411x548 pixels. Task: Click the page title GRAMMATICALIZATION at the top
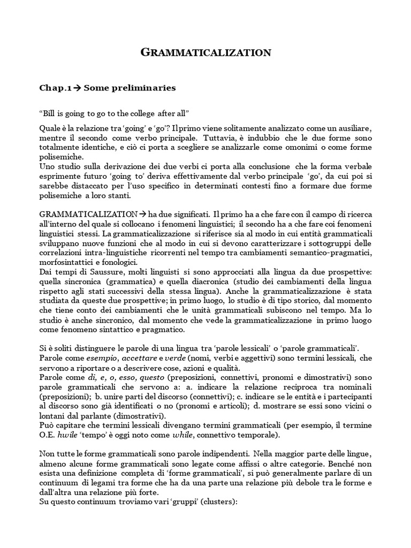click(x=205, y=52)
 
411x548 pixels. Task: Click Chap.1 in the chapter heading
click(x=56, y=87)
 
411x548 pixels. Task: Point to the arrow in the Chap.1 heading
click(x=78, y=87)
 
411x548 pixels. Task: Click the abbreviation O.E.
click(x=48, y=435)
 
